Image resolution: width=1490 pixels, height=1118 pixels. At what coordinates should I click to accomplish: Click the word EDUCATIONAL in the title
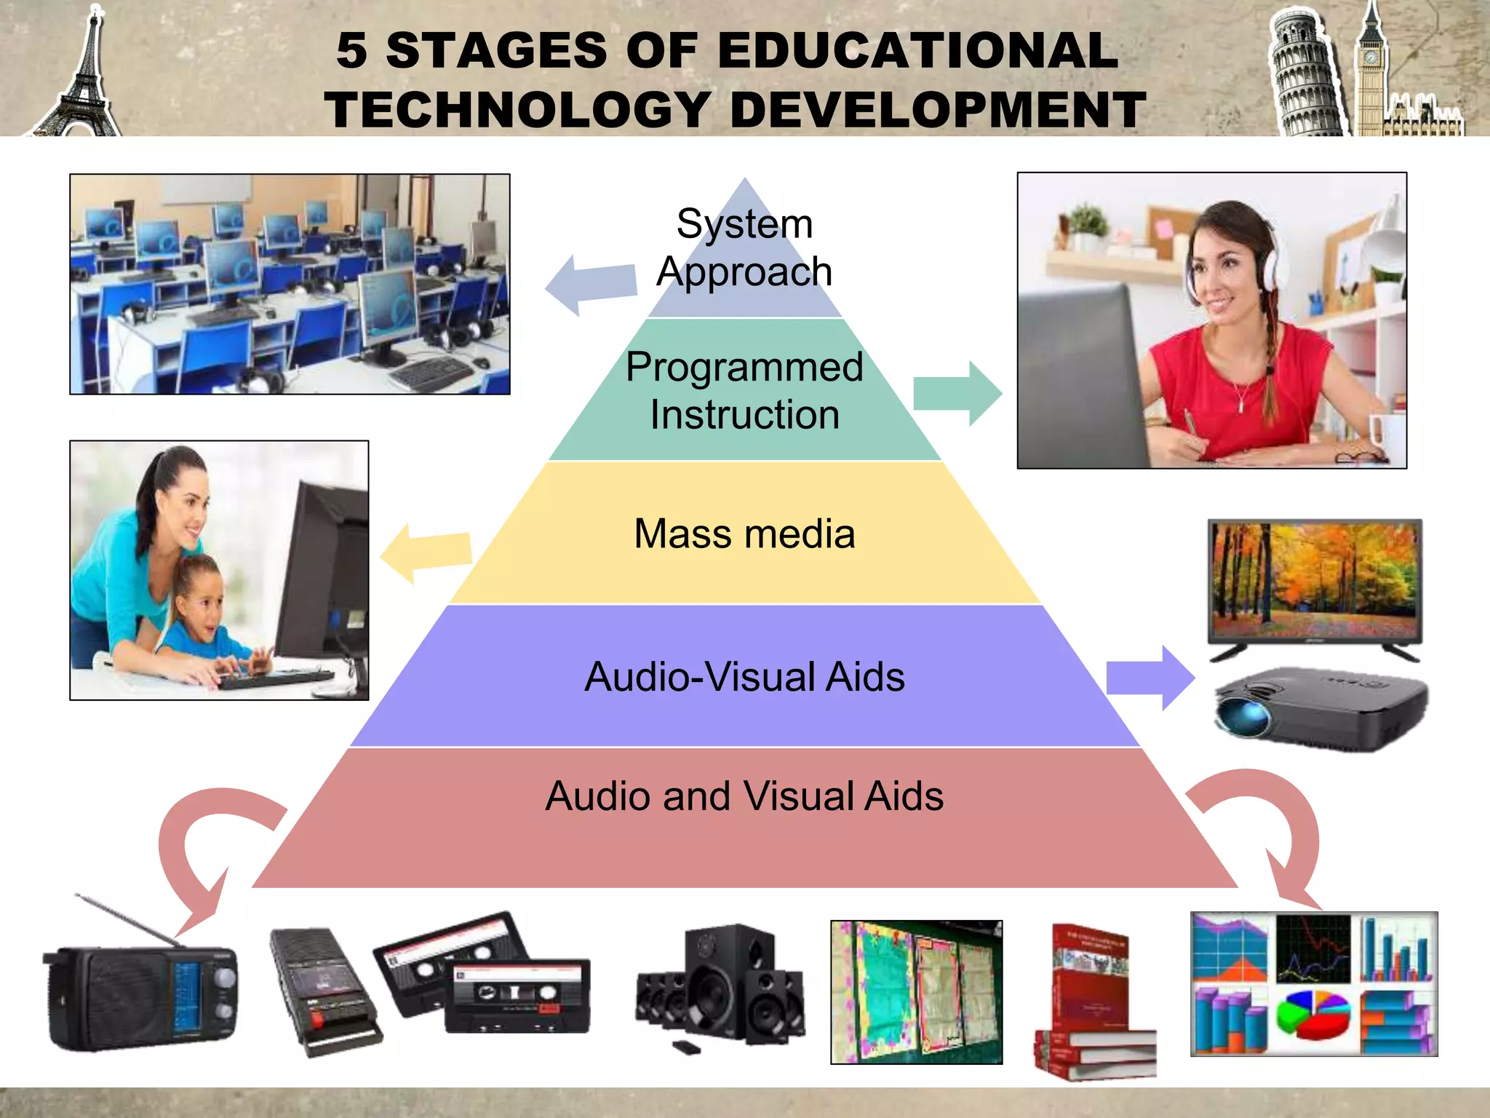coord(917,51)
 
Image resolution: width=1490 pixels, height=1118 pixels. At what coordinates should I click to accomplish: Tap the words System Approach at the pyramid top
coord(744,247)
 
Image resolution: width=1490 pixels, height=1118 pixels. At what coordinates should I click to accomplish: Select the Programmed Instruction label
coord(744,390)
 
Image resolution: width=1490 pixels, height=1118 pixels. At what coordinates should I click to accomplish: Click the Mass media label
coord(744,534)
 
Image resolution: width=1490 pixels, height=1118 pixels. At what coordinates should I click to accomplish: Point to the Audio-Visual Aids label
coord(744,677)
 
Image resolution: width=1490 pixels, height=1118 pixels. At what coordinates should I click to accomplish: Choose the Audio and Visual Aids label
coord(744,796)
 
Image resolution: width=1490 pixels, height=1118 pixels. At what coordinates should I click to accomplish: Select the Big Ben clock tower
coord(1371,73)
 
